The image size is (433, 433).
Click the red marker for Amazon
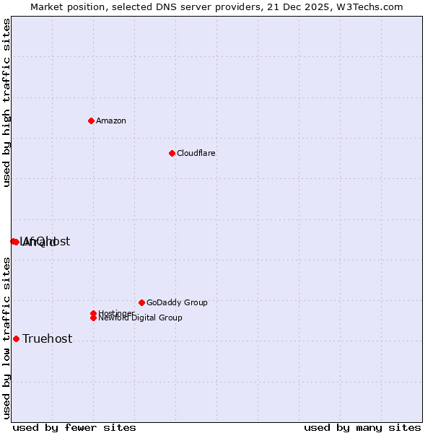[x=91, y=121]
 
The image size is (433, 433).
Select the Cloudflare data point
[x=172, y=153]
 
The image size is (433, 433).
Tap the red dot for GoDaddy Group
[x=141, y=302]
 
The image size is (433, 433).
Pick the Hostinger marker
[x=93, y=313]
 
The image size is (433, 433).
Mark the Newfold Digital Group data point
[x=94, y=318]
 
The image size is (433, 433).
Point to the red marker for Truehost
[x=16, y=338]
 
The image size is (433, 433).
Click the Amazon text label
[x=110, y=121]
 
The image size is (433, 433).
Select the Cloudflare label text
[x=196, y=153]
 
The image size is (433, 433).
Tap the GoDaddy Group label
[x=176, y=302]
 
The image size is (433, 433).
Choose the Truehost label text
[x=47, y=338]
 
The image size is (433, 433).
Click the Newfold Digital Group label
[x=140, y=318]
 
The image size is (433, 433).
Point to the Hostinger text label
[x=115, y=313]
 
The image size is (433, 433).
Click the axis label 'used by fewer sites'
[x=74, y=427]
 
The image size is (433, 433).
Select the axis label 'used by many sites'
[x=362, y=427]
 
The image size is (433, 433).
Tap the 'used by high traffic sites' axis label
[x=7, y=102]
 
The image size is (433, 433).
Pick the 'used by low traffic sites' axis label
[x=7, y=338]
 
